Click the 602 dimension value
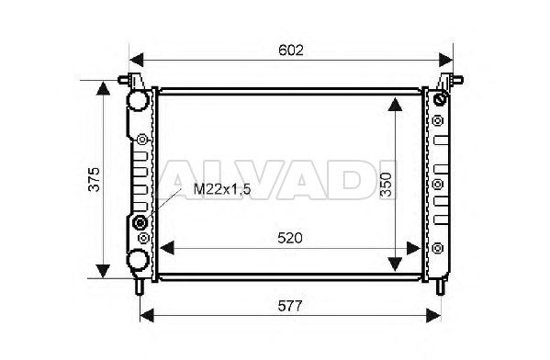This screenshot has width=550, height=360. (x=291, y=51)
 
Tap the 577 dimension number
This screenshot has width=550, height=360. (x=290, y=307)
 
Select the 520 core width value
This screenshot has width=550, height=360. (x=290, y=238)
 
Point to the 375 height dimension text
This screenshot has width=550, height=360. (x=94, y=179)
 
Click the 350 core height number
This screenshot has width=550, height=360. (x=387, y=185)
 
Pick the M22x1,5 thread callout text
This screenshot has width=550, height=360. (x=222, y=190)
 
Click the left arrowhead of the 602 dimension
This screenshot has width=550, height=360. (x=137, y=60)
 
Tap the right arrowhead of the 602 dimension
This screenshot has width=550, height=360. (x=446, y=60)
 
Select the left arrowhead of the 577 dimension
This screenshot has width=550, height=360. (x=147, y=315)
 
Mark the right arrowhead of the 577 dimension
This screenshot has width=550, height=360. (x=433, y=315)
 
